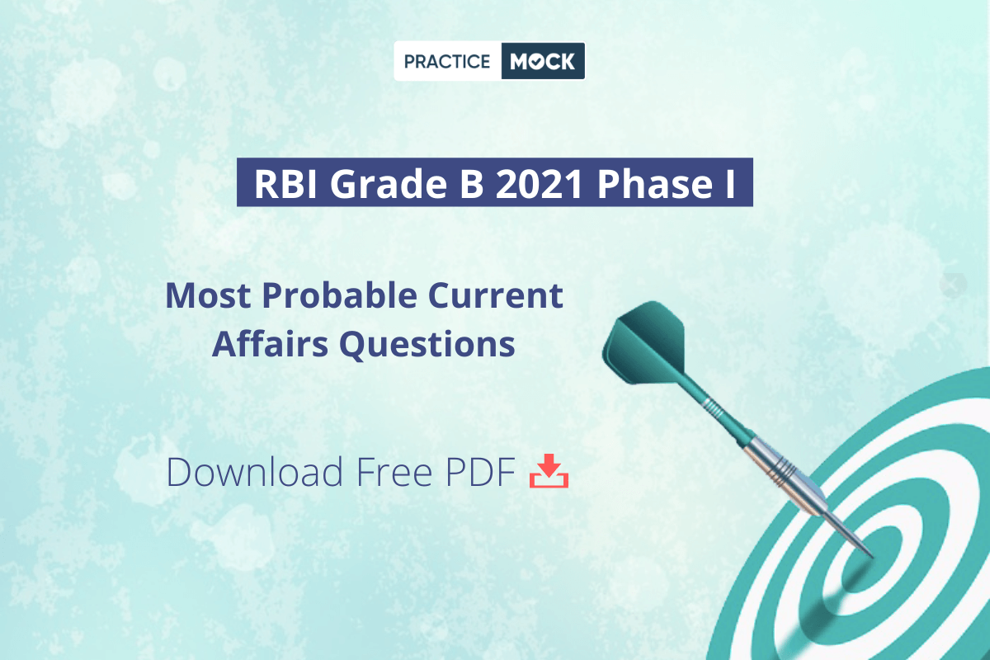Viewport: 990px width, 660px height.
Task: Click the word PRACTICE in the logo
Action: click(447, 61)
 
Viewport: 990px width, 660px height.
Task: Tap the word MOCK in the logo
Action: click(542, 61)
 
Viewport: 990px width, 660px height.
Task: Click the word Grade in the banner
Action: click(389, 184)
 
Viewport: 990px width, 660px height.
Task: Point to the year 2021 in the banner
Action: click(540, 184)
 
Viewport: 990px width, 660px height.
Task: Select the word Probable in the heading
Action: click(339, 295)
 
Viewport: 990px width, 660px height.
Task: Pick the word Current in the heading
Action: click(496, 295)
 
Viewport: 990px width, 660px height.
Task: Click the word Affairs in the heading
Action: click(270, 343)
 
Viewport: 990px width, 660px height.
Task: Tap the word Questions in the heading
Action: click(427, 344)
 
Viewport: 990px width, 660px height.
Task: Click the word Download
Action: click(255, 472)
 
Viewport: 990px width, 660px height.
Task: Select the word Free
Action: click(394, 472)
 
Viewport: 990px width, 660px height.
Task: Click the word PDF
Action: click(480, 472)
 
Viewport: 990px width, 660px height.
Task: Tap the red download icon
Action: click(549, 471)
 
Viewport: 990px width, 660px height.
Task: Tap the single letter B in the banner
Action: click(472, 184)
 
